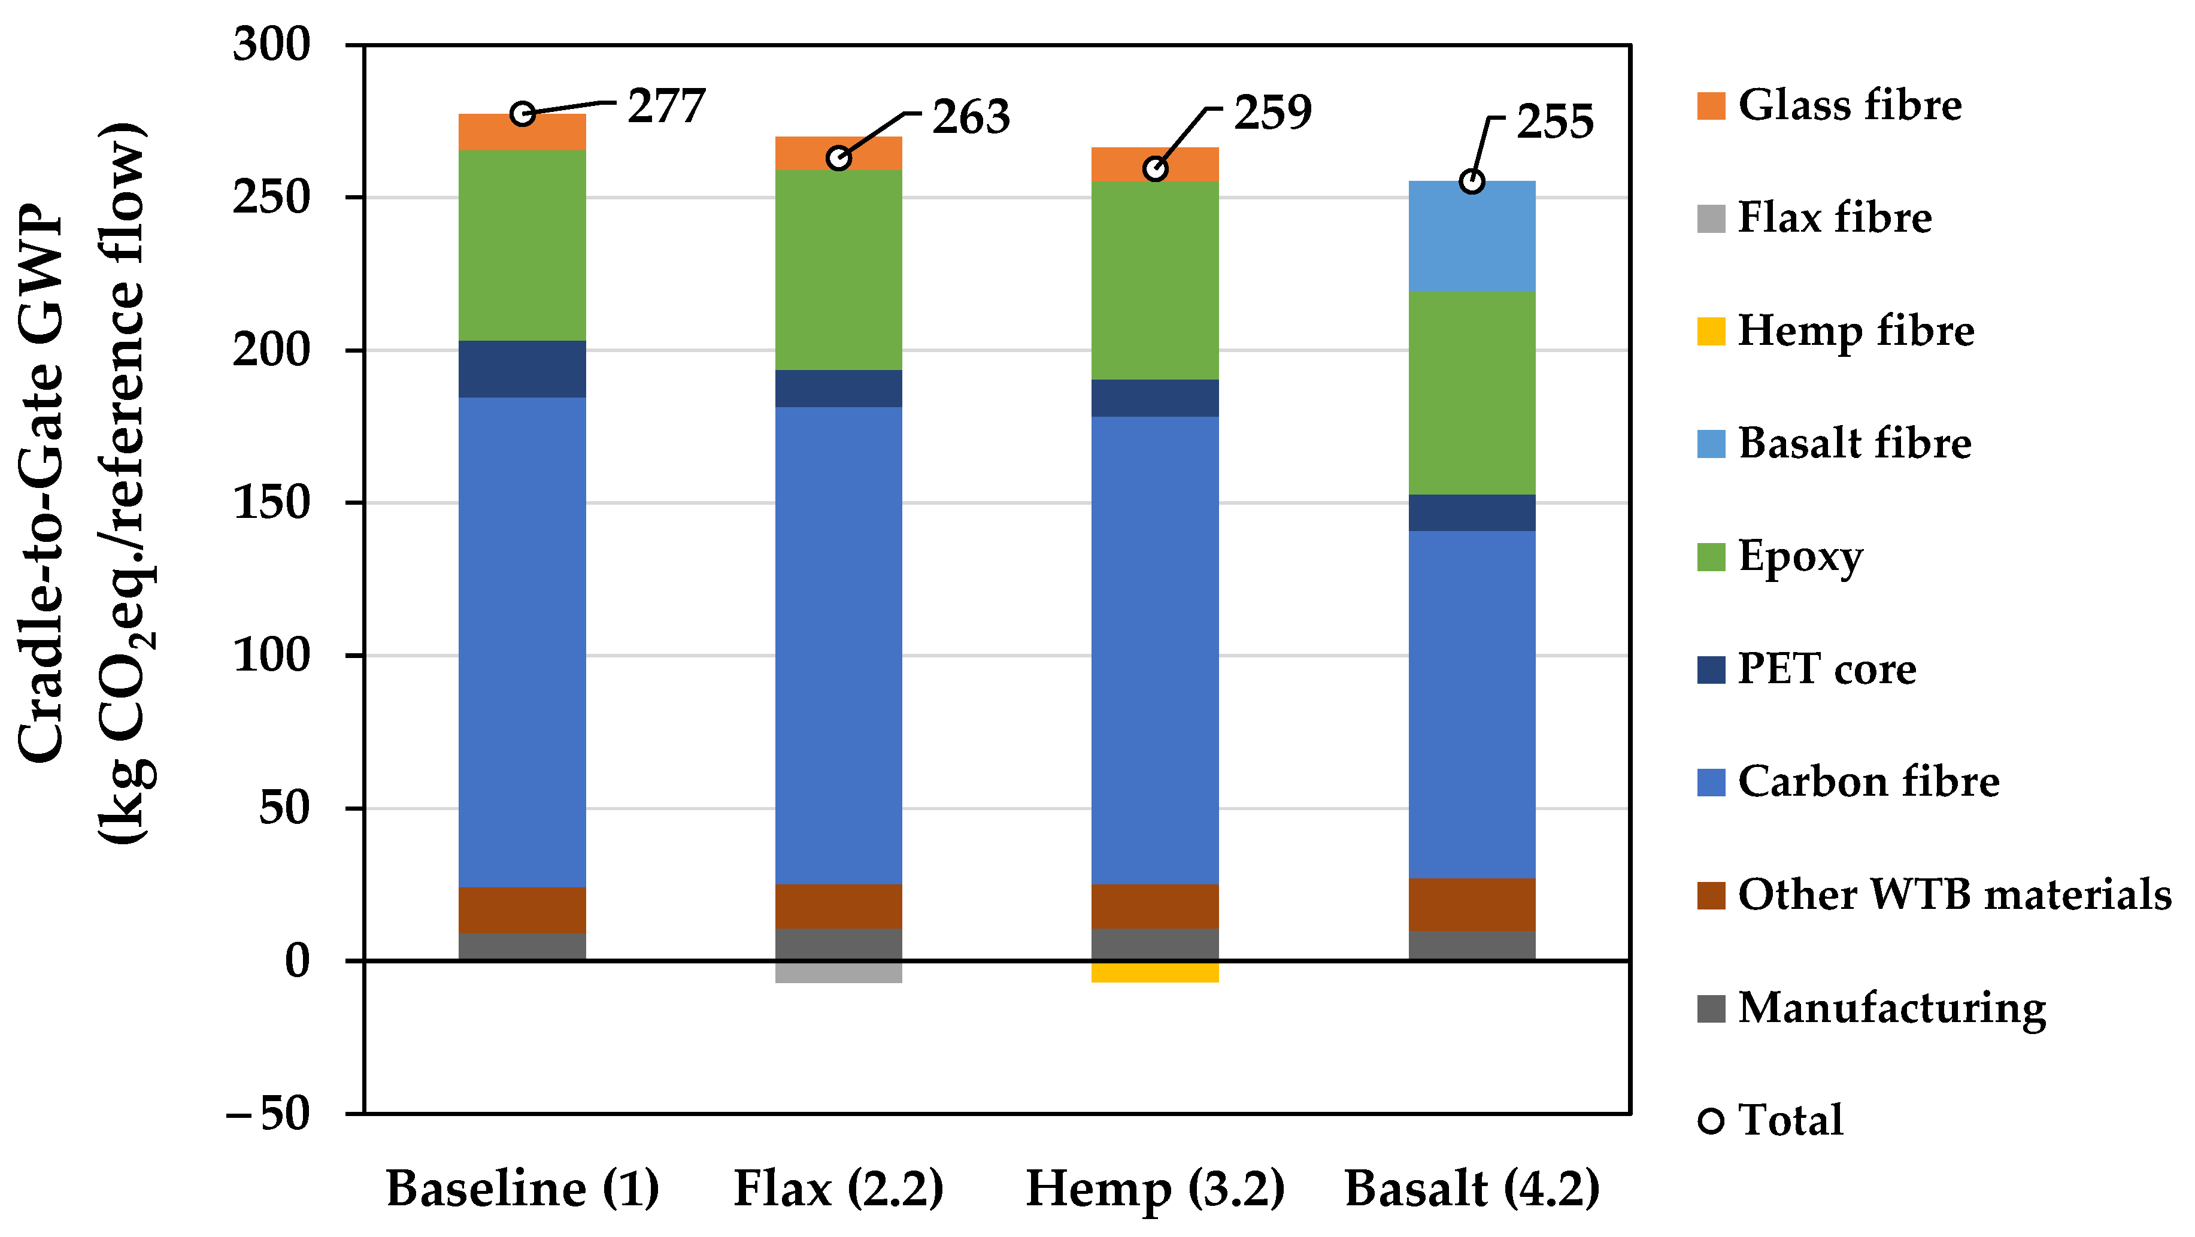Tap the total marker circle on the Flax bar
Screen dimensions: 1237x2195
(838, 157)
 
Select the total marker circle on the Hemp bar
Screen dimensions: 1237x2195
(1154, 169)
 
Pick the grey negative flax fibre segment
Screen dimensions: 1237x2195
(838, 971)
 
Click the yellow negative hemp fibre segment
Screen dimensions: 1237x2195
(1154, 971)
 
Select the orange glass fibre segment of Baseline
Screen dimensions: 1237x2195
(522, 133)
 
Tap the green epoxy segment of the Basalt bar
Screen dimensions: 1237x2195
(1472, 392)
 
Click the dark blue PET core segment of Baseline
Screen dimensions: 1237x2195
(522, 369)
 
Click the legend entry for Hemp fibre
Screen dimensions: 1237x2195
(1854, 331)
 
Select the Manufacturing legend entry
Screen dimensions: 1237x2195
(1890, 1008)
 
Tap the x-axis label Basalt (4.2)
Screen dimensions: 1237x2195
(1472, 1189)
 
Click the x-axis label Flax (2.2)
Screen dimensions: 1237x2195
(838, 1189)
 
